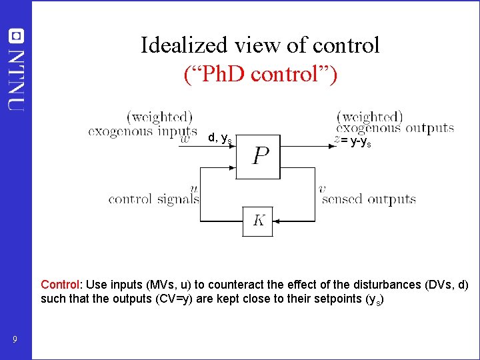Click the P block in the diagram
tap(260, 157)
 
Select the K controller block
tap(258, 221)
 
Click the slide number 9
tap(15, 341)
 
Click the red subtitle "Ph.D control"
tap(260, 73)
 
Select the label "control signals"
tap(153, 199)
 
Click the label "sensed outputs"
tap(369, 199)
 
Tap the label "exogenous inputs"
tap(143, 131)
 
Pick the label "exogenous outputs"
tap(395, 129)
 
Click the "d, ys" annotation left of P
tap(219, 138)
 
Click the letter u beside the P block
tap(193, 189)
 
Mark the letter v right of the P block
tap(322, 189)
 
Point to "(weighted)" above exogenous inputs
tap(159, 117)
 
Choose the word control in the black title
tap(347, 45)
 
